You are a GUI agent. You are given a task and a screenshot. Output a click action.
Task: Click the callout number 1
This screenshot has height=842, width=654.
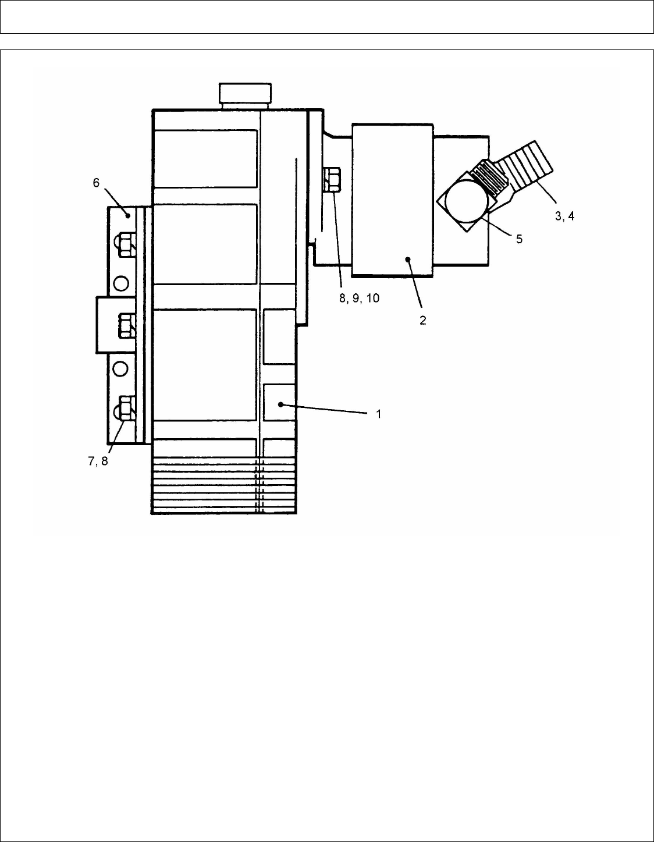(379, 414)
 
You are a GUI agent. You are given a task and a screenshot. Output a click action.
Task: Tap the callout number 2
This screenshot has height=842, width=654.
(422, 320)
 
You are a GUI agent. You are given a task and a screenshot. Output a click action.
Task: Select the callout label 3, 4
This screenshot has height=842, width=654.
(564, 216)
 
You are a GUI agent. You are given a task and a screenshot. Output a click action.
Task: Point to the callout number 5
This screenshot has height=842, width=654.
(519, 239)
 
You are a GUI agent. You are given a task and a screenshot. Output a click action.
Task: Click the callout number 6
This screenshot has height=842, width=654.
(96, 183)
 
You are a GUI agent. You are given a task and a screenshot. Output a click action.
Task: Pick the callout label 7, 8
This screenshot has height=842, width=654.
(98, 461)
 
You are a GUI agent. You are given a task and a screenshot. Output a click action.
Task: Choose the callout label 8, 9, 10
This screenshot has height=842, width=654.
(359, 298)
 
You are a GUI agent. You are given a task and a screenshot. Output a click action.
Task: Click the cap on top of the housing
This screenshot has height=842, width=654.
(245, 95)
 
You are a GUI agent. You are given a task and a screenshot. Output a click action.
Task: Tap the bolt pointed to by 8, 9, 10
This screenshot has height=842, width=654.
(331, 179)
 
